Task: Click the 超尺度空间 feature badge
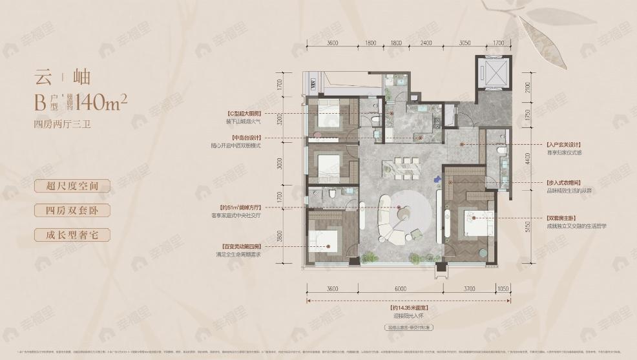tap(72, 186)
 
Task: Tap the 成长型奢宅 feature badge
tap(72, 235)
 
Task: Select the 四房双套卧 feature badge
tap(72, 210)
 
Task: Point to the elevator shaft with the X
tap(492, 72)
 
